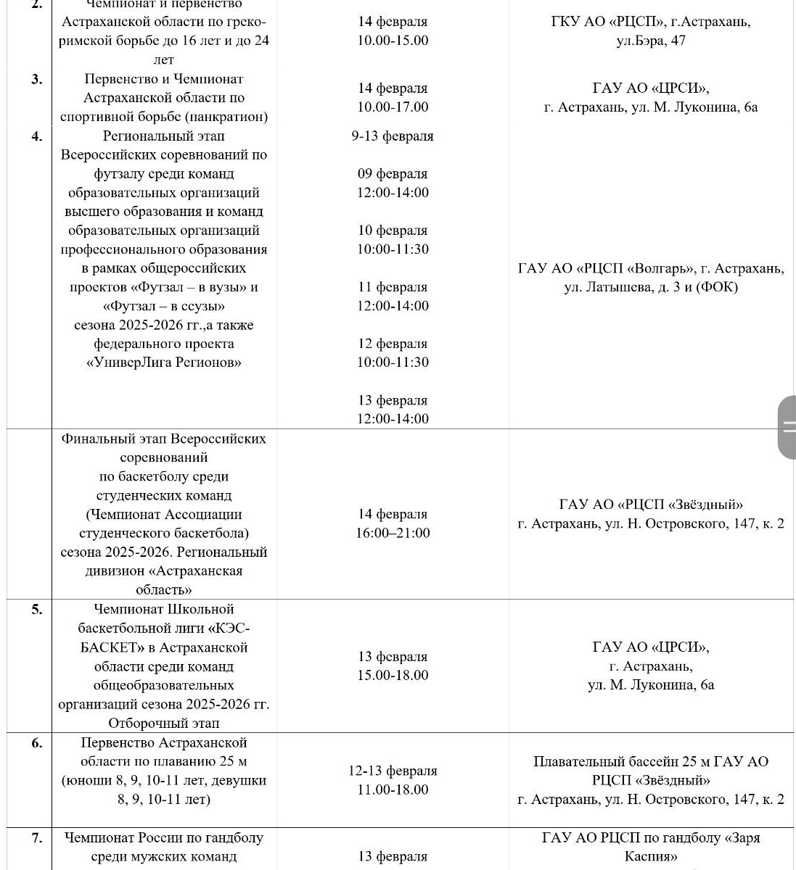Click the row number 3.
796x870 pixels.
[36, 79]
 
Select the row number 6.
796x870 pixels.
[36, 742]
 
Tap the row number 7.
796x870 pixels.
[36, 837]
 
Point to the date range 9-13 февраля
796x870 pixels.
[393, 136]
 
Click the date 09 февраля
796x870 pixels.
[393, 173]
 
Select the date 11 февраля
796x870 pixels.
[393, 286]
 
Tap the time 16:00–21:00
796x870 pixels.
[393, 533]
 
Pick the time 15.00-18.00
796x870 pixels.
[393, 675]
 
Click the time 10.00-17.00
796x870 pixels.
[393, 107]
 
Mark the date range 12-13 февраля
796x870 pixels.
[393, 771]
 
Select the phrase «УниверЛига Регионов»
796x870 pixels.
[164, 362]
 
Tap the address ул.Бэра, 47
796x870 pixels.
[651, 41]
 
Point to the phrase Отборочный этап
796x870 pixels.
[164, 723]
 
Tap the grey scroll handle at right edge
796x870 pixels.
[787, 427]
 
